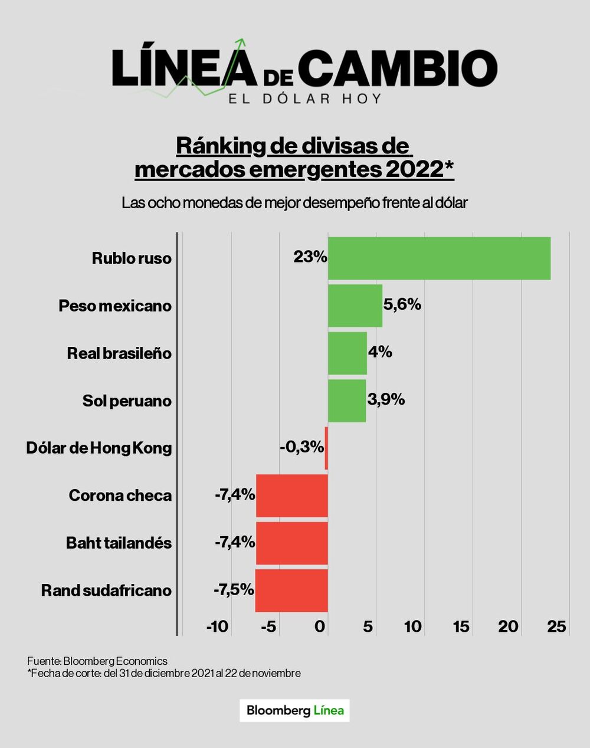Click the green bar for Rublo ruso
click(439, 258)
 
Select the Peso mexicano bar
click(355, 306)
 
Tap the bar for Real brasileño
click(348, 353)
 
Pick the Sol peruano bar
click(347, 401)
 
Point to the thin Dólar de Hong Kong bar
click(326, 448)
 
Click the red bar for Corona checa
click(292, 496)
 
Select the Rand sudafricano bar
click(291, 590)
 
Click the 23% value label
click(310, 257)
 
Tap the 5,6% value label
click(402, 304)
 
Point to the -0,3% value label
click(301, 447)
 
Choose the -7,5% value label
click(234, 589)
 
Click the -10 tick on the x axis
click(217, 626)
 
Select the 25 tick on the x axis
click(557, 626)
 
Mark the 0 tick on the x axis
click(320, 626)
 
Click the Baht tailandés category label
click(119, 543)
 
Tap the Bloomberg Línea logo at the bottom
click(295, 710)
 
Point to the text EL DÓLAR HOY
click(305, 98)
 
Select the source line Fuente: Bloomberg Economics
click(97, 661)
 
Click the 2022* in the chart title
click(419, 169)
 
